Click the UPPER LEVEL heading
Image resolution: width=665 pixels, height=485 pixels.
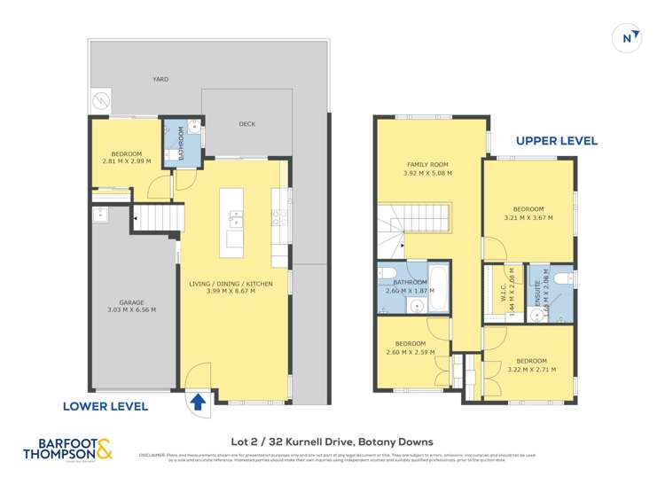point(557,140)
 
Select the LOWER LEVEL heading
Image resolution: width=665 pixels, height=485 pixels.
point(106,406)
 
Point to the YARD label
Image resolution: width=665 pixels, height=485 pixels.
point(160,79)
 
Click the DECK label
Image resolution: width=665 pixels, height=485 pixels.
point(247,124)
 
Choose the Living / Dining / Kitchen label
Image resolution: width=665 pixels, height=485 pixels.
point(231,288)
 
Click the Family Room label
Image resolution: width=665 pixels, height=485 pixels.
point(428,169)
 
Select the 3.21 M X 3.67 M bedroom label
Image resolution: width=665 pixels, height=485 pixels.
point(528,213)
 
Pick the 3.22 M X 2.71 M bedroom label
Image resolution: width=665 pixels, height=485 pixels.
point(531,364)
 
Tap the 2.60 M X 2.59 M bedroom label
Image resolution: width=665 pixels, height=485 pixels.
point(410,348)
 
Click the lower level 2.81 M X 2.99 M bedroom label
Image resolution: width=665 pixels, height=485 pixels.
point(127,157)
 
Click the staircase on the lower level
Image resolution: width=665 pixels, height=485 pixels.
point(159,215)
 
